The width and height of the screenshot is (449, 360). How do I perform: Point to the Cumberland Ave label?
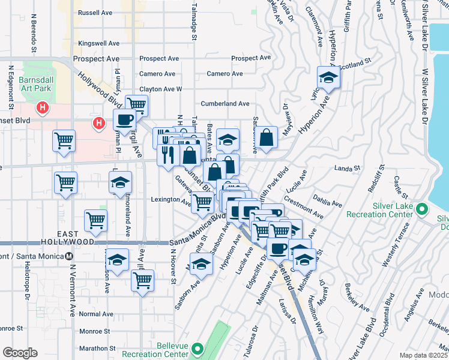(225, 104)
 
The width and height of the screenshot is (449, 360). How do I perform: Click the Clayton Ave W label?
(160, 89)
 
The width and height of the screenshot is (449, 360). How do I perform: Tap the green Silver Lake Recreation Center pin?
(421, 209)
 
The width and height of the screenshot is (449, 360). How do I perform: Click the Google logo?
(20, 352)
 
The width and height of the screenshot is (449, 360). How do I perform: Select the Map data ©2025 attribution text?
(423, 355)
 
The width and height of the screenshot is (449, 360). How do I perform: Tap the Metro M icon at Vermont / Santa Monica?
(70, 256)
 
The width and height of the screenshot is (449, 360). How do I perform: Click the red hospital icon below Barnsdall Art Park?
(43, 109)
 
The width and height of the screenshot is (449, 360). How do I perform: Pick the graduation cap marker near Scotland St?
(328, 78)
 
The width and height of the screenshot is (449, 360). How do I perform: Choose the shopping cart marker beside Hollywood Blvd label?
(137, 106)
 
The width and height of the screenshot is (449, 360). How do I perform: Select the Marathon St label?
(97, 348)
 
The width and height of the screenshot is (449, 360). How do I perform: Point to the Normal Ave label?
(96, 314)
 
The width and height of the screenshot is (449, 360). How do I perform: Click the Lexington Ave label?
(170, 199)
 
